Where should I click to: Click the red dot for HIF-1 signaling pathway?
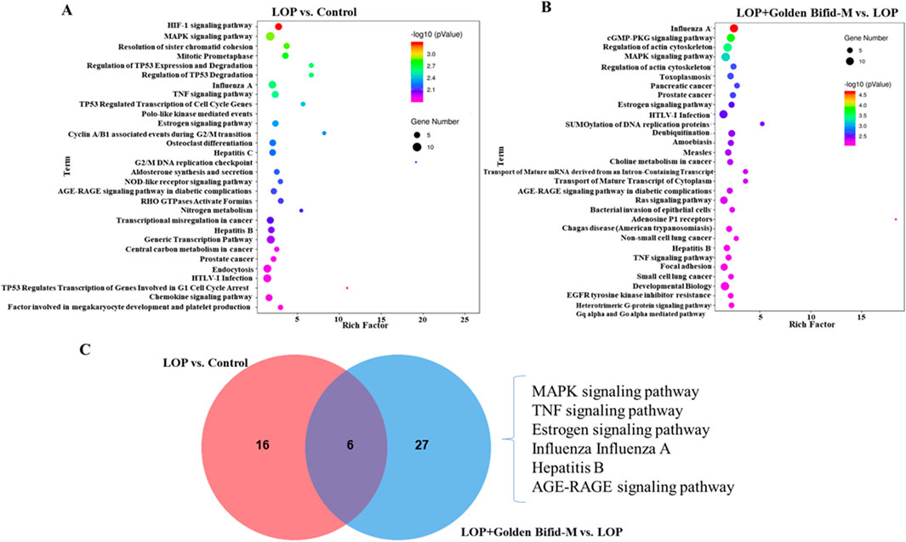tap(278, 26)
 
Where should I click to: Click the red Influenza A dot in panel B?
tap(733, 29)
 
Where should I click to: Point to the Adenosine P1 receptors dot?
tap(896, 219)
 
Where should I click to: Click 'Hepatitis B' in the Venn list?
tap(567, 468)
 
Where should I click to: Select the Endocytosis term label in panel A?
tap(226, 267)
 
